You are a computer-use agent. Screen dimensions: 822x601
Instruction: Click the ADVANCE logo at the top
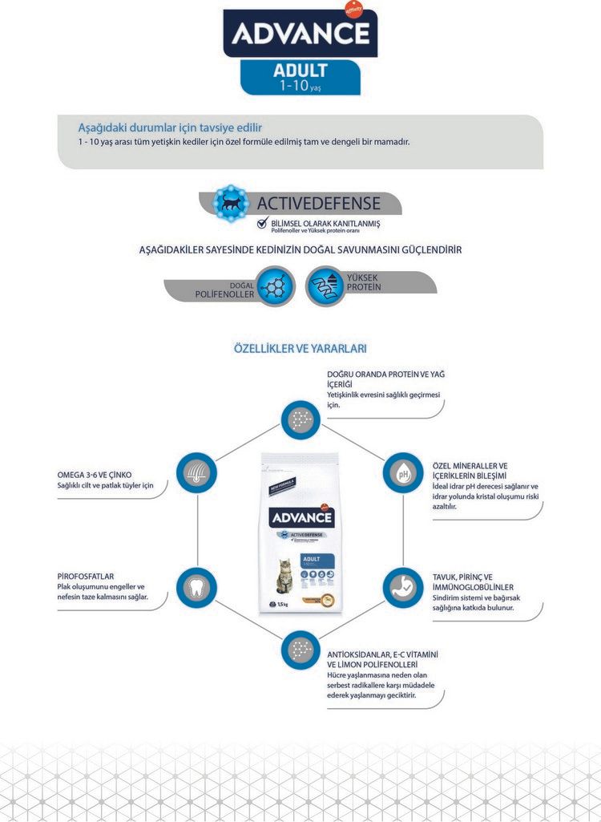pos(300,34)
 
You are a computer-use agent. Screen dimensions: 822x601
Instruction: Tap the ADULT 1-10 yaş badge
pos(300,77)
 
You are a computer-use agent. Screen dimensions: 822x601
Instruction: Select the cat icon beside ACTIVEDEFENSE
pos(231,203)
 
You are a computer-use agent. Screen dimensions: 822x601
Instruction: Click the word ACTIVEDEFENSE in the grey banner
pos(319,203)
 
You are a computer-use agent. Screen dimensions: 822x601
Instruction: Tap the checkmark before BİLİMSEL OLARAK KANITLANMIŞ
pos(262,223)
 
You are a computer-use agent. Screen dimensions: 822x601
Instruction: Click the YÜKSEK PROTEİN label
pos(364,281)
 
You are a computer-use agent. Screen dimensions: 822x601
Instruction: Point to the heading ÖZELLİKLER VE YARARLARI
pos(300,349)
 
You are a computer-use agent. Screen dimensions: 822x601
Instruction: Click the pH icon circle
pos(402,472)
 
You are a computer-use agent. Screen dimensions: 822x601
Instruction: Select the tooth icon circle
pos(196,586)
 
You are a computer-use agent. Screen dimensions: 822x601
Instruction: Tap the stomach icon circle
pos(402,586)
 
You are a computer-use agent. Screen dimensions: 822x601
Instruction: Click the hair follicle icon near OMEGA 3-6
pos(196,472)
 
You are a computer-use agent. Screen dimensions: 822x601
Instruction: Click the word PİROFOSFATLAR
pos(86,576)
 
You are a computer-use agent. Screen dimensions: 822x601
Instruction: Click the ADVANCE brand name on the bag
pos(300,517)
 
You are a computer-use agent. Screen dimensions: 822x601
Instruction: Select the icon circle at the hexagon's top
pos(300,419)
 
